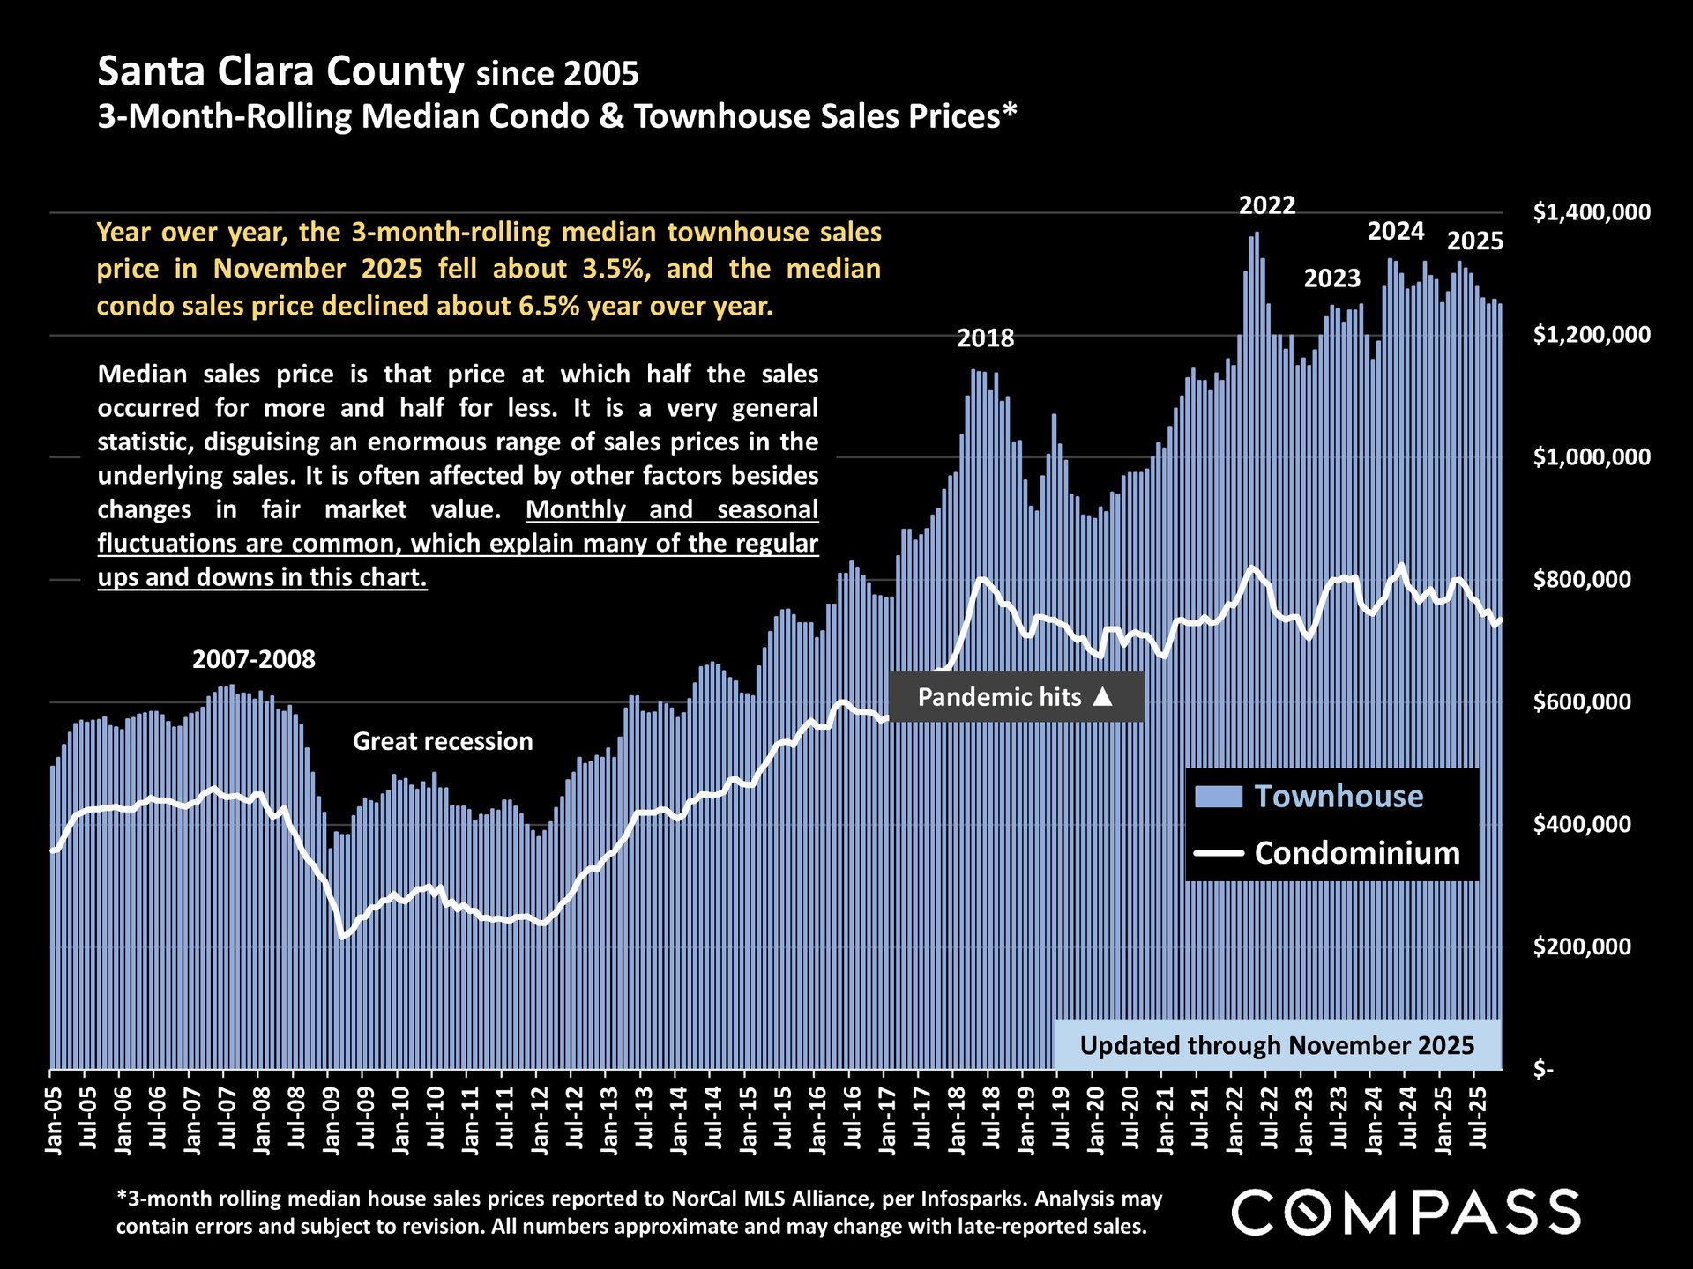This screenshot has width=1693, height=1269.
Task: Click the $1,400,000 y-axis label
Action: point(1592,212)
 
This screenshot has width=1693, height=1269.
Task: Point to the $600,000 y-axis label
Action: point(1582,702)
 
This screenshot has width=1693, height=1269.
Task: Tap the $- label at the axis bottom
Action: point(1543,1070)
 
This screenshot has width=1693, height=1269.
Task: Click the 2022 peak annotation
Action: point(1266,206)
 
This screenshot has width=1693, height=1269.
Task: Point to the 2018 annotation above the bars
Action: point(985,338)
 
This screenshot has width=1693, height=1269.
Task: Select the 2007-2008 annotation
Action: point(253,659)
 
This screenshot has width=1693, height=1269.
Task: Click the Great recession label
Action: point(443,741)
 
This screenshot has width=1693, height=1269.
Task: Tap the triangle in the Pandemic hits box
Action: point(1102,697)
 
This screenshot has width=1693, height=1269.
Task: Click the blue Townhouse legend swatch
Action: point(1218,797)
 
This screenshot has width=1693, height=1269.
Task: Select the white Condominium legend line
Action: point(1218,853)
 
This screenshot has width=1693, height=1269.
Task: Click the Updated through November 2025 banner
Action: point(1277,1045)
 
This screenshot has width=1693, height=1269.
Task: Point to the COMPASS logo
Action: point(1406,1212)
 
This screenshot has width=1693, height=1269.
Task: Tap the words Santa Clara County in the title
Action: point(280,71)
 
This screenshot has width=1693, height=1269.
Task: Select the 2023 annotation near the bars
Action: point(1331,278)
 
